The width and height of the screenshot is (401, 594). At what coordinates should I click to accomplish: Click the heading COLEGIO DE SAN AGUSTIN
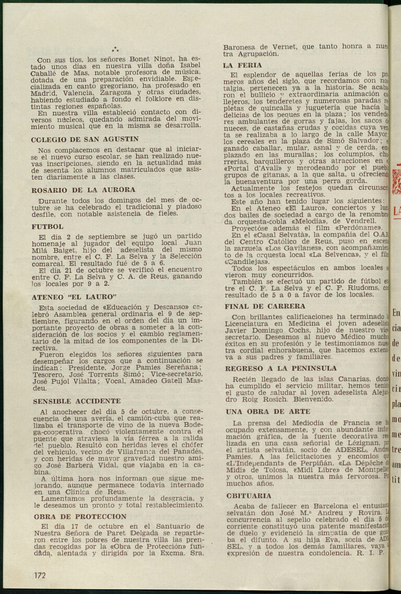coord(85,139)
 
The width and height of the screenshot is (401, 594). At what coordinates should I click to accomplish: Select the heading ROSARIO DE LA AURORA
coord(83,190)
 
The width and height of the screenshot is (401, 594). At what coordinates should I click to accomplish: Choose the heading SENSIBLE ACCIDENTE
coord(76,401)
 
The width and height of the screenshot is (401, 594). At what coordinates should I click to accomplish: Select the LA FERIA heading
coord(242,65)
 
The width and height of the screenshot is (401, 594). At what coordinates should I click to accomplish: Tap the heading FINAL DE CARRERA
coord(265,306)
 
